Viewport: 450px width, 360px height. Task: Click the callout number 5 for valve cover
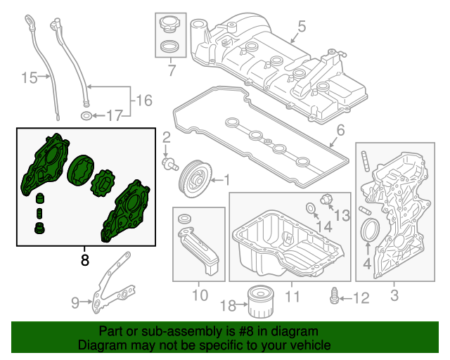pos(301,27)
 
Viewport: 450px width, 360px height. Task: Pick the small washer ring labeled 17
pos(86,115)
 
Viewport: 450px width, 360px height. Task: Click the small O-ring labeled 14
pos(311,207)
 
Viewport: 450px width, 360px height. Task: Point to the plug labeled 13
pos(326,199)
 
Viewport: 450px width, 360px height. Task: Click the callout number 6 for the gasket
pos(340,131)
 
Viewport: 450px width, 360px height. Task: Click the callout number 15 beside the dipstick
pos(29,77)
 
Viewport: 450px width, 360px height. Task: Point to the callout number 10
pos(199,297)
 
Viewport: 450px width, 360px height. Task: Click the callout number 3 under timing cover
pos(394,297)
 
